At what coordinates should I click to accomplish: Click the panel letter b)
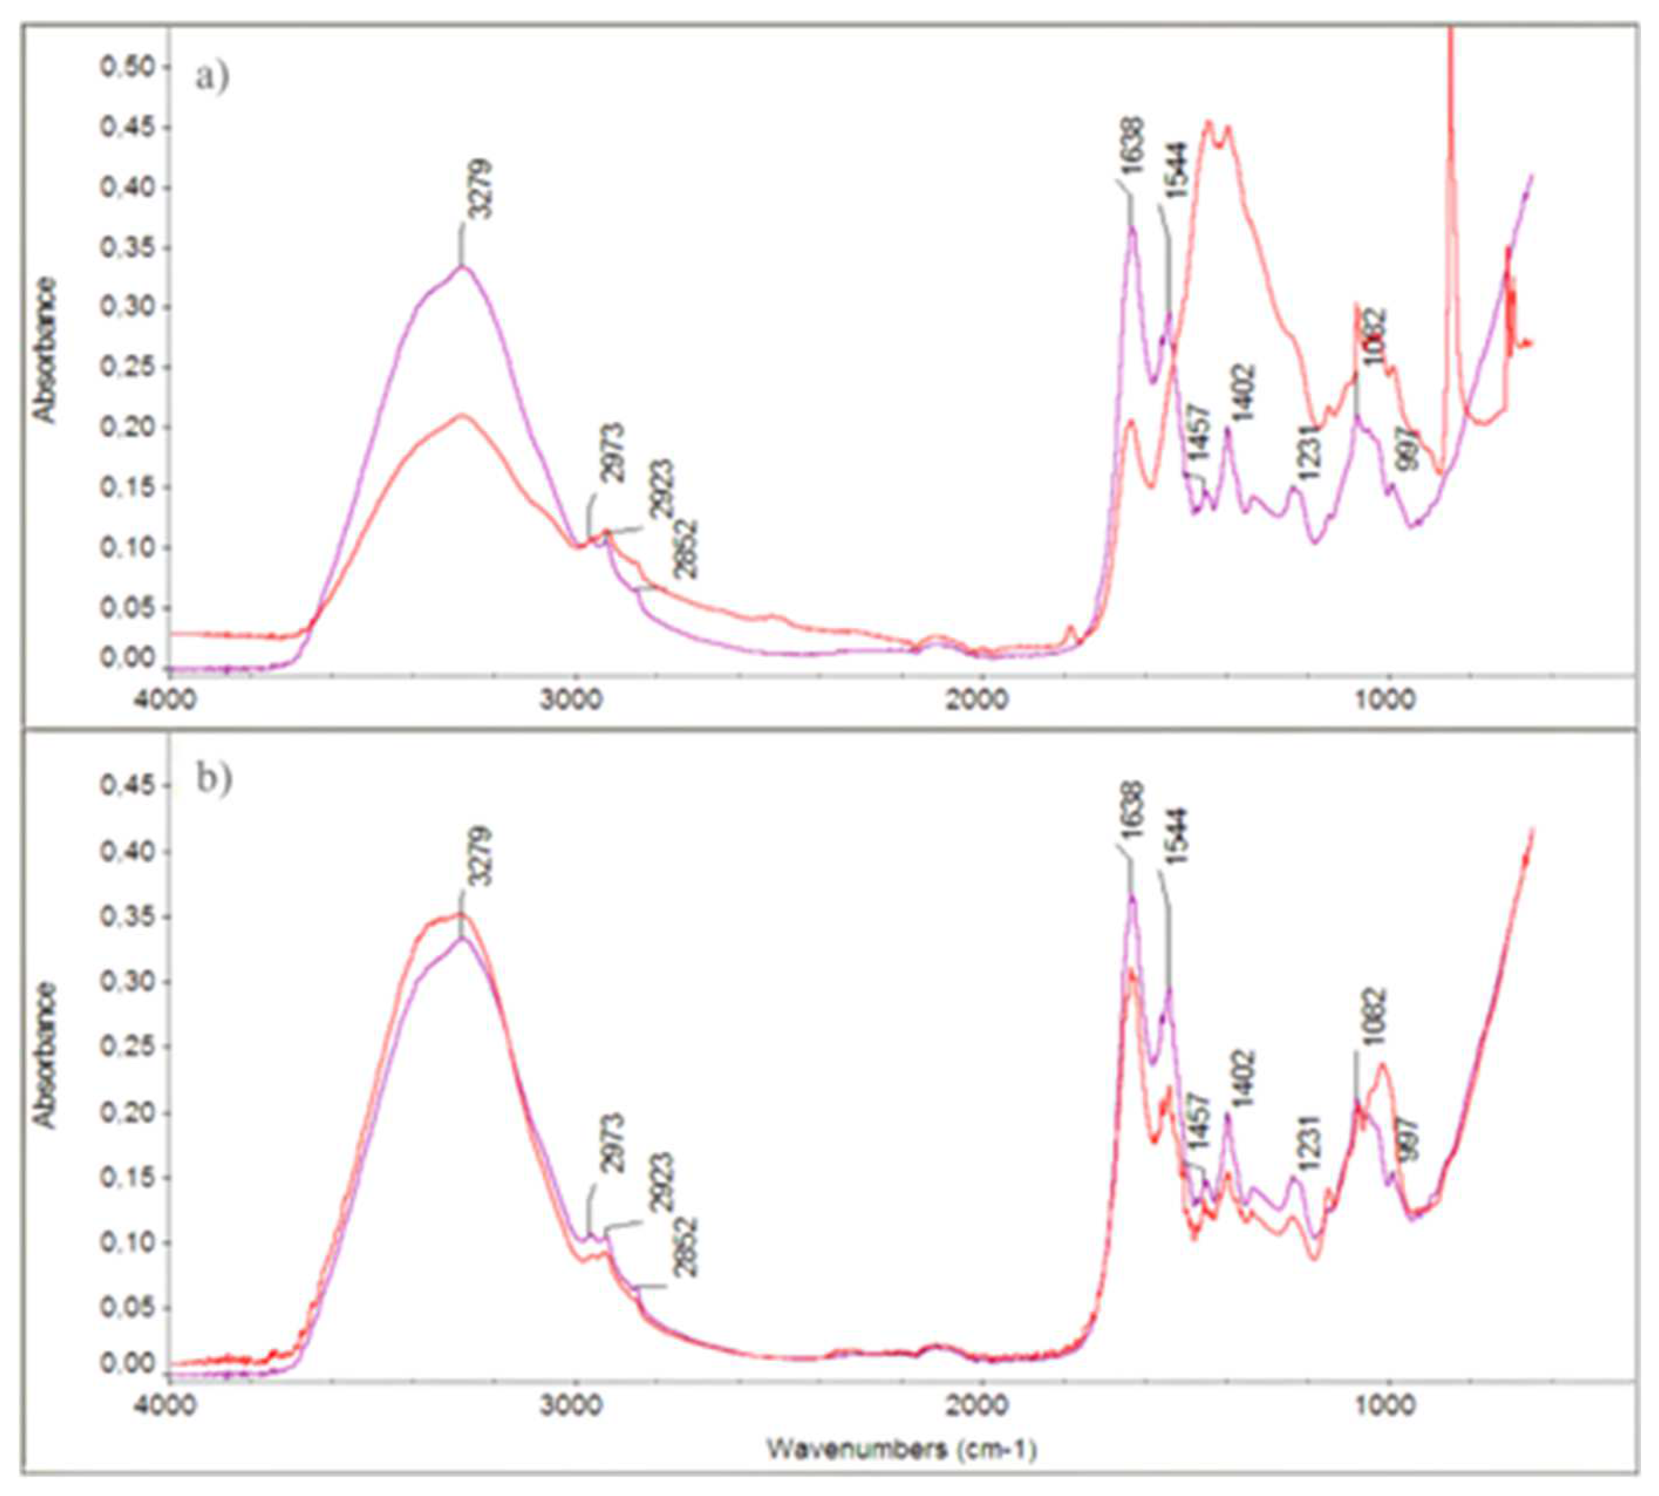214,778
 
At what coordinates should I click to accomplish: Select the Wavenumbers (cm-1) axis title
902,1448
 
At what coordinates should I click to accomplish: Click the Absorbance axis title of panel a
45,350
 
